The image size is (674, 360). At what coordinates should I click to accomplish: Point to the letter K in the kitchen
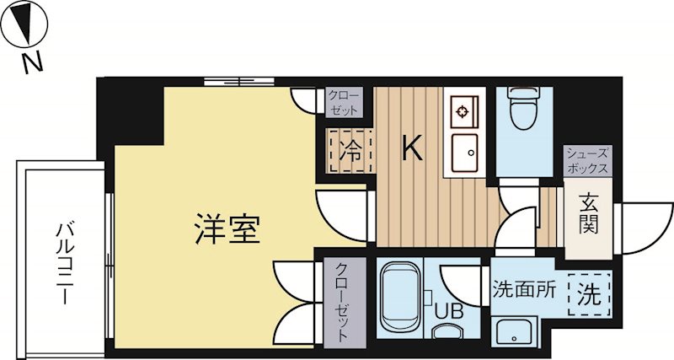pyautogui.click(x=411, y=149)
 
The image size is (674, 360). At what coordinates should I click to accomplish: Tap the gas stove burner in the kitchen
pyautogui.click(x=463, y=110)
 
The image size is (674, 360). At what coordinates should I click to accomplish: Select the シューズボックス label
pyautogui.click(x=587, y=160)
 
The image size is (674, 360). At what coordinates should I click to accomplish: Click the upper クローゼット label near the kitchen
pyautogui.click(x=343, y=103)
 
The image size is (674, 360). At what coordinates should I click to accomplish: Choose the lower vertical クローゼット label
pyautogui.click(x=342, y=300)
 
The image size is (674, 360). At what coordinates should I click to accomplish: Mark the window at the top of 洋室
pyautogui.click(x=239, y=82)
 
